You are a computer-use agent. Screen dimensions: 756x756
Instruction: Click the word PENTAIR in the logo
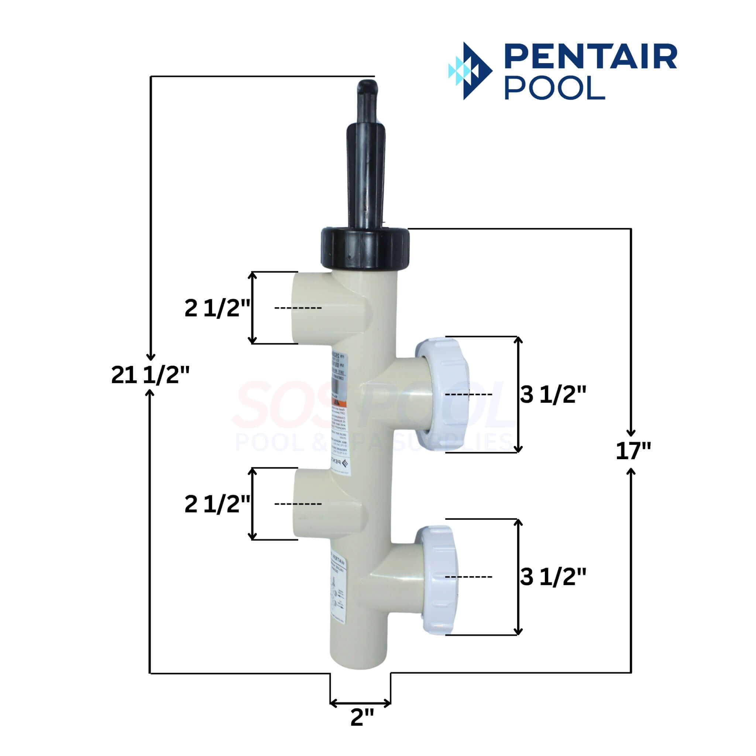point(591,56)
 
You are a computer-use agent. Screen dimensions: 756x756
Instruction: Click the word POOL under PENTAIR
point(554,87)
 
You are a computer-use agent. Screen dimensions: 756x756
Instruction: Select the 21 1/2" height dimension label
point(150,375)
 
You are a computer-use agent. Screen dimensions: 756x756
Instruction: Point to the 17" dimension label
point(633,450)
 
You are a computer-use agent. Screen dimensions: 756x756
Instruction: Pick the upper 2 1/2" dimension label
point(217,308)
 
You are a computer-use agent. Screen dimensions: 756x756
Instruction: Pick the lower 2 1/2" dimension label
point(217,504)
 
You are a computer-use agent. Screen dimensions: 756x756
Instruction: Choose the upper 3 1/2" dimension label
point(553,395)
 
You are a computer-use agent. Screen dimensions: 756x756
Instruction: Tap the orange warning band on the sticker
point(340,403)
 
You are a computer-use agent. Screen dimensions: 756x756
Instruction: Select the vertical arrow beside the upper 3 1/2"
point(518,395)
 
